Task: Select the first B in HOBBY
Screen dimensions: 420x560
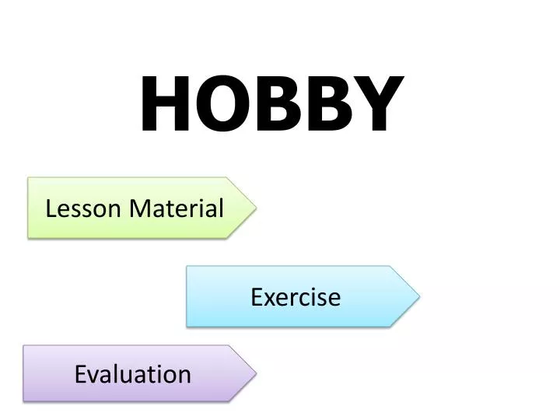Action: [274, 106]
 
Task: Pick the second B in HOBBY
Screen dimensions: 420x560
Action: [324, 106]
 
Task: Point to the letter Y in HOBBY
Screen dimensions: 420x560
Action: [375, 106]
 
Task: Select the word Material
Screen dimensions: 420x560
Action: [177, 208]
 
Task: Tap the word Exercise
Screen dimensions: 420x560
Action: [296, 297]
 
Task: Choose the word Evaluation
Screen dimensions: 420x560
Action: [133, 374]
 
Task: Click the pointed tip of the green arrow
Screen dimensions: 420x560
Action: [254, 208]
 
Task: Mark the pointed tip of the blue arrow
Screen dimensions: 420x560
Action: [418, 296]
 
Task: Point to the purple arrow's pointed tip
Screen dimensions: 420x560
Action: [255, 373]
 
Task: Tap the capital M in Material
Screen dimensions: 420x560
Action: [138, 208]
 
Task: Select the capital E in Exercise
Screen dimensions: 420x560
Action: [256, 297]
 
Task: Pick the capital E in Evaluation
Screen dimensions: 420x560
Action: [79, 374]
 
